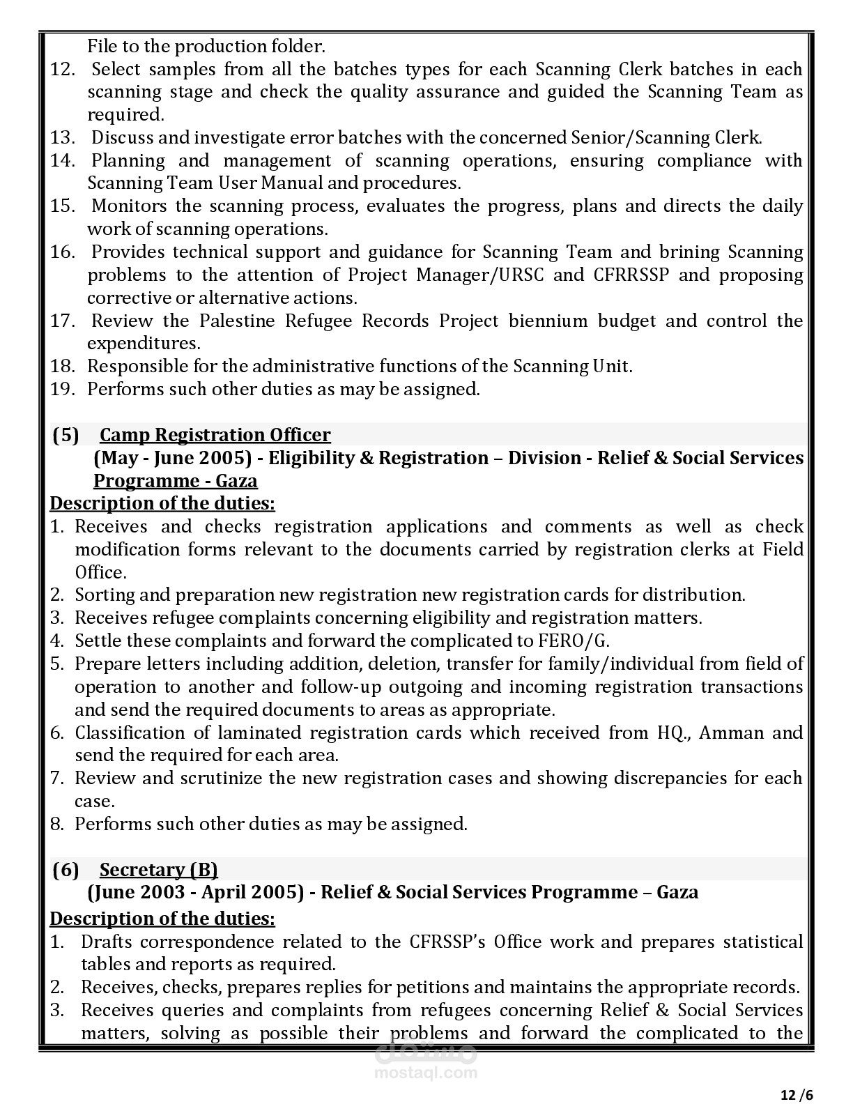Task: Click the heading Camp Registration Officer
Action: point(215,435)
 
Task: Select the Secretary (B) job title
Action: point(158,870)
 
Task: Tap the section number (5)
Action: point(66,435)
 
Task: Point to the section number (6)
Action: point(66,870)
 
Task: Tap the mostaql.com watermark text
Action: point(426,1073)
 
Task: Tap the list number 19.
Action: point(62,389)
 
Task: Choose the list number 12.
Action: point(62,69)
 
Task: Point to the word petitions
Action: point(431,987)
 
